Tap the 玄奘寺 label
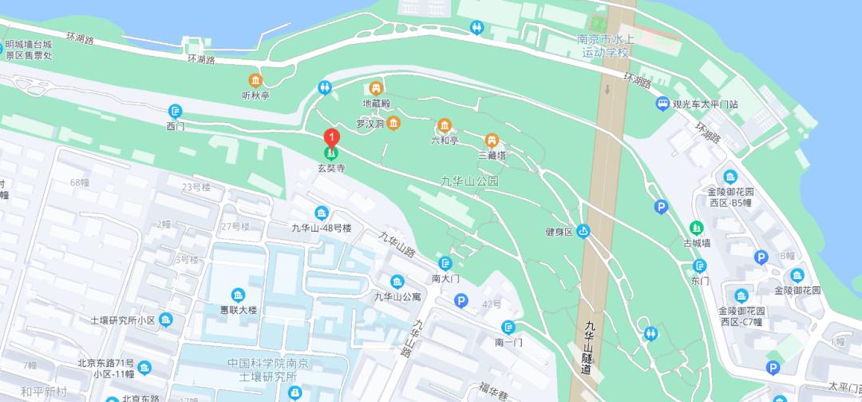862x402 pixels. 331,169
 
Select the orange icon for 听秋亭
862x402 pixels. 255,80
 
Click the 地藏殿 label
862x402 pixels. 376,103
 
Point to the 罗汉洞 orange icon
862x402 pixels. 393,122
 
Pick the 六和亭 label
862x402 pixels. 445,140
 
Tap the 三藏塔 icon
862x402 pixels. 492,140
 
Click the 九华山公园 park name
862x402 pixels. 469,181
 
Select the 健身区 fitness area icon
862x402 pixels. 583,232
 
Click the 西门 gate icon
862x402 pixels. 176,111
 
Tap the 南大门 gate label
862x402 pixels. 445,279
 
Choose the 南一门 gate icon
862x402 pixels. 508,327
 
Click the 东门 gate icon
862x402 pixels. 700,265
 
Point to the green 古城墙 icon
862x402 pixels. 697,228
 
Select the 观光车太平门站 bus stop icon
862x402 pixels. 662,104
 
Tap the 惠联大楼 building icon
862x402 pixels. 237,295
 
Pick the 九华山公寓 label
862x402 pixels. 397,297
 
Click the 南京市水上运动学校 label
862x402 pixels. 605,46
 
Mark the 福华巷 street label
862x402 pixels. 494,391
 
